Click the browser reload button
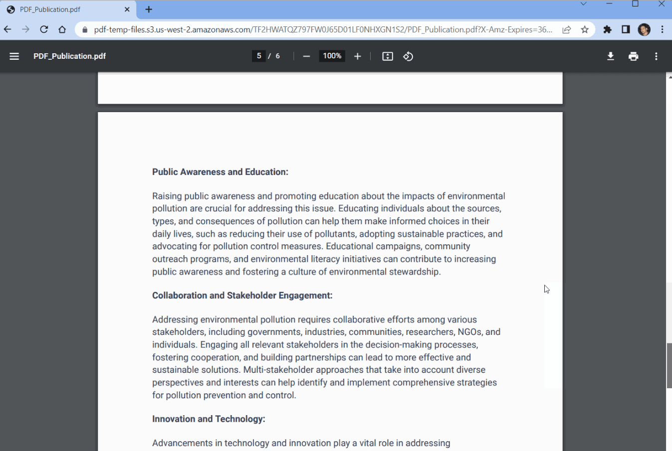tap(44, 29)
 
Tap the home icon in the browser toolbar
tap(62, 29)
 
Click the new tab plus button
tap(149, 9)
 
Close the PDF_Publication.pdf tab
tap(127, 9)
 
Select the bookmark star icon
tap(585, 30)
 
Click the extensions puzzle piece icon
tap(607, 30)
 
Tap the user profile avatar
tap(644, 30)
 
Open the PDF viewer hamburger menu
tap(14, 56)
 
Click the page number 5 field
tap(258, 56)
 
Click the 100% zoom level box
tap(332, 56)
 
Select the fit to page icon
tap(388, 56)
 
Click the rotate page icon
tap(408, 56)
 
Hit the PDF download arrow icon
tap(610, 56)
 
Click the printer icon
tap(633, 56)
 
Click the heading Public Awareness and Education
tap(220, 172)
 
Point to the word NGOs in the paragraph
tap(469, 332)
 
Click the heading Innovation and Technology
tap(209, 419)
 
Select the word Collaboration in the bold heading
tap(180, 296)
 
